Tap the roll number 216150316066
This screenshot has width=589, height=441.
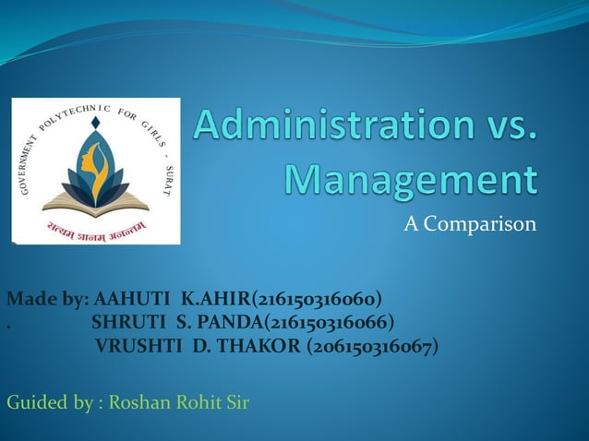[x=331, y=322]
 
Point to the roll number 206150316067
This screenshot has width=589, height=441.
[x=373, y=346]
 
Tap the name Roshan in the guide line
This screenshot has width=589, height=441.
[x=138, y=402]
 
